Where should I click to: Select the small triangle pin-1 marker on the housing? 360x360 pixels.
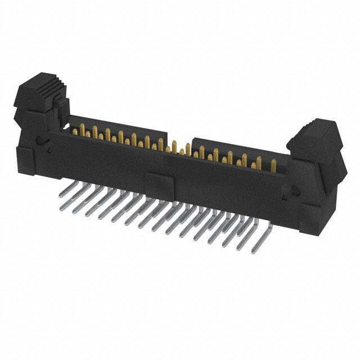click(49, 151)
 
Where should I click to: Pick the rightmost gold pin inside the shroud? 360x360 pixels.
click(273, 166)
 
